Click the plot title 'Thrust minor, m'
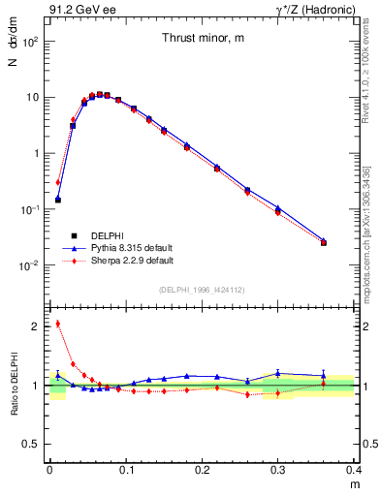pos(202,38)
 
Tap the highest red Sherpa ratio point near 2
pos(58,324)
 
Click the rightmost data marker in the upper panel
pos(324,242)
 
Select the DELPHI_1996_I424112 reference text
pos(202,289)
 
